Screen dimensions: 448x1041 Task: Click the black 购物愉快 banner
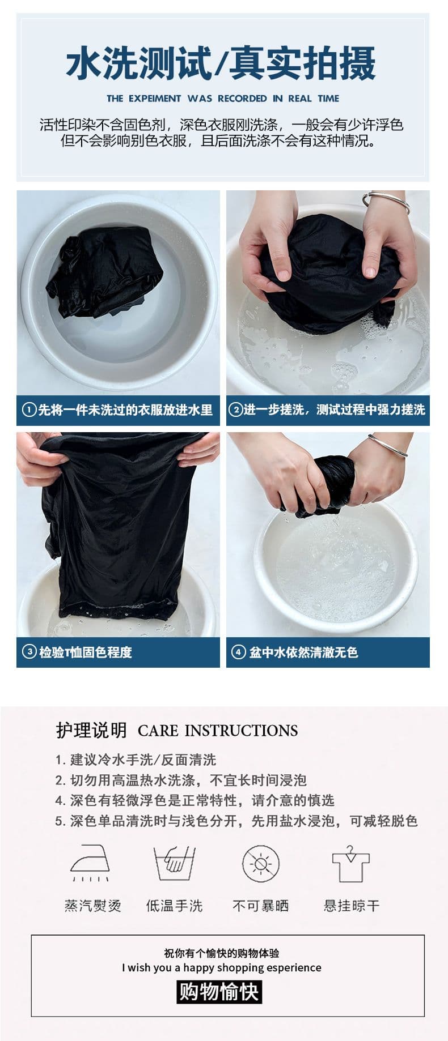(x=219, y=992)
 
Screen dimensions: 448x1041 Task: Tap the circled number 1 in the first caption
(x=29, y=409)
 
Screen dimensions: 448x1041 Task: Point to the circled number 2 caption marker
(x=235, y=409)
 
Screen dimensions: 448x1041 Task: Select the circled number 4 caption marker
(x=238, y=652)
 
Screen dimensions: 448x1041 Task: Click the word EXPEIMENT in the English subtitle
(x=155, y=99)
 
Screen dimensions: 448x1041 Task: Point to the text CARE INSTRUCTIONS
(x=218, y=731)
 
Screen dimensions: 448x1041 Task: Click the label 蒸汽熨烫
(x=93, y=906)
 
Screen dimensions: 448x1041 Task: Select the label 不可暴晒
(x=261, y=906)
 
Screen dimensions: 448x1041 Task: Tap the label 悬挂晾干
(x=352, y=906)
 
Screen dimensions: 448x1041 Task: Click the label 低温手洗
(x=175, y=906)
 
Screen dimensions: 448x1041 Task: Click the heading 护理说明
(x=91, y=731)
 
